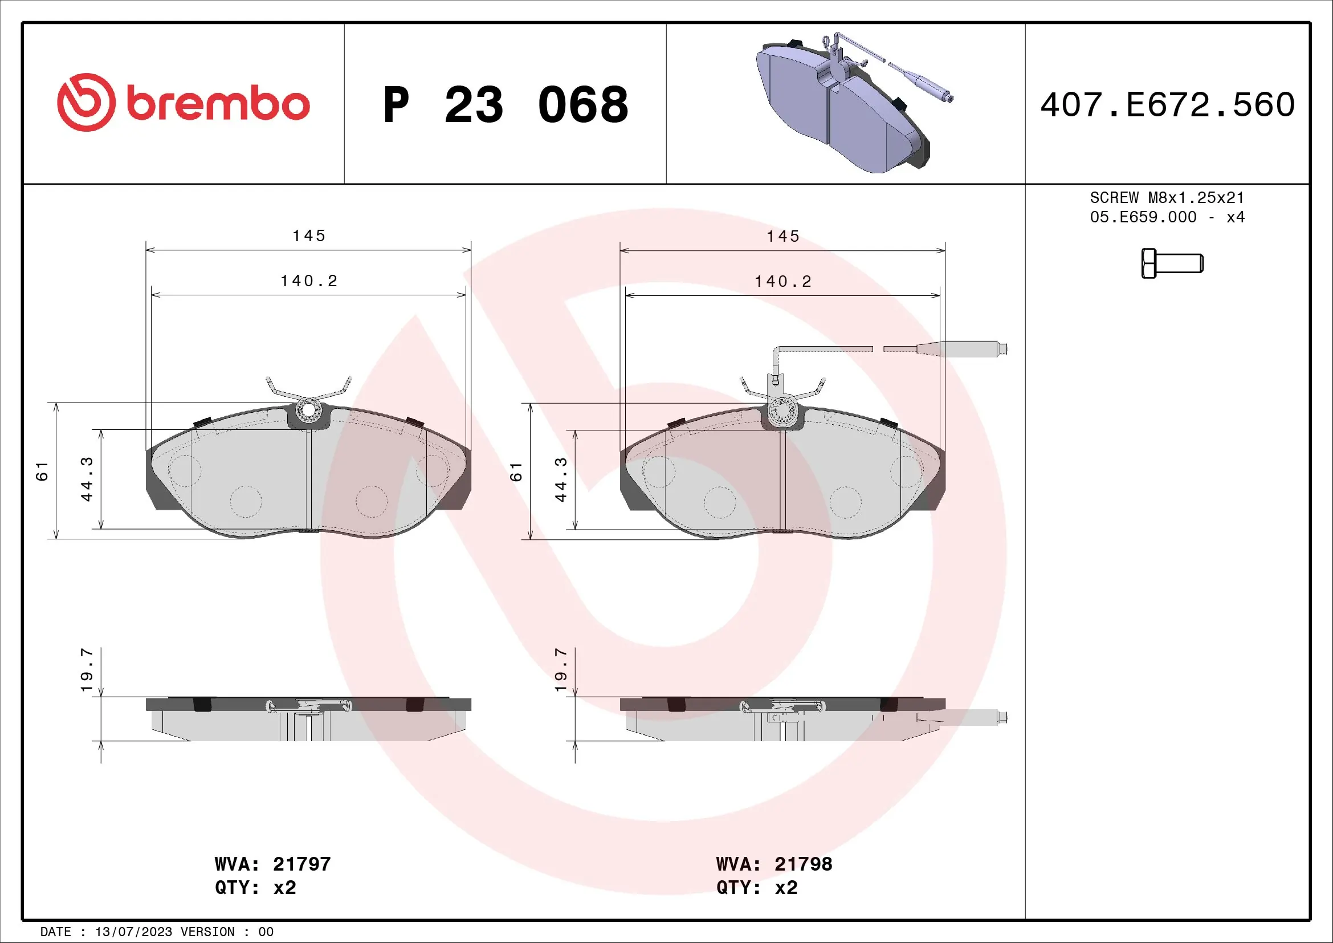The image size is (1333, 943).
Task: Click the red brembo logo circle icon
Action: coord(86,102)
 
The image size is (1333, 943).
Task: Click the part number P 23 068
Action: coord(505,105)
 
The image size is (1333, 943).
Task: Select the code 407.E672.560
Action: coord(1167,105)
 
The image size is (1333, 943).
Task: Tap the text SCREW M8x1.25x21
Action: coord(1167,198)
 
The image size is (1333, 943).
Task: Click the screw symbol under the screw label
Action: coord(1172,263)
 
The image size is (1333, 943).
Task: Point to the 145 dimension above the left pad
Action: coord(308,236)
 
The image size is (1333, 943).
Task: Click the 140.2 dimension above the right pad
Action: coord(782,282)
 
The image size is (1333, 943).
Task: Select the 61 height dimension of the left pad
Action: coord(42,471)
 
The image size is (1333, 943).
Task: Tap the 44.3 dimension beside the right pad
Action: coord(561,479)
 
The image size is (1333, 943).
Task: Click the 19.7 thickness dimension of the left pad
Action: coord(87,669)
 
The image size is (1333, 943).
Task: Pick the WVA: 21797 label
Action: coord(272,864)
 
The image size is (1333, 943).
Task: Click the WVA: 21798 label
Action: coord(774,864)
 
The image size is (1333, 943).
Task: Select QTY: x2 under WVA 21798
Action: coord(756,888)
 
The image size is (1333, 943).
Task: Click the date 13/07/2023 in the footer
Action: coord(133,932)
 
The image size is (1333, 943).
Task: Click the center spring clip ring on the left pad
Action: coord(308,410)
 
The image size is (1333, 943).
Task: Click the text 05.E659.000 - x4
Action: coord(1167,217)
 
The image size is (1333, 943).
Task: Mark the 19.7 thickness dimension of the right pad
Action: coord(561,669)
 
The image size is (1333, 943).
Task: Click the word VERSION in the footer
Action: coord(207,932)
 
